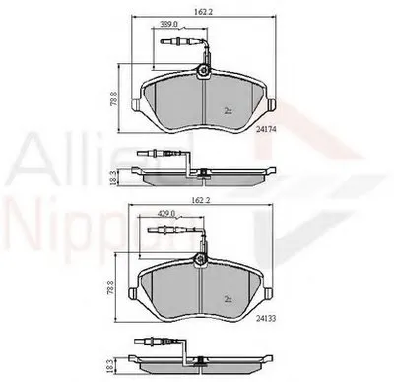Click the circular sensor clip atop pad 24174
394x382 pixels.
(204, 70)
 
